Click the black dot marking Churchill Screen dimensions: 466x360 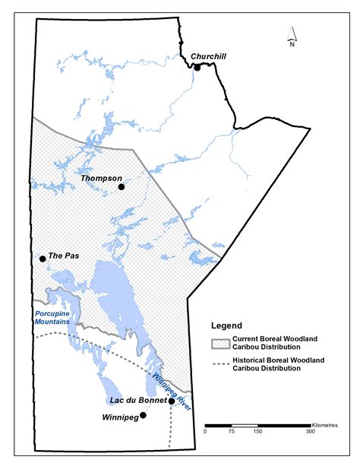click(197, 68)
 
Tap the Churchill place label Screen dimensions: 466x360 click(209, 56)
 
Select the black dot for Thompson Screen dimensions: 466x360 click(121, 185)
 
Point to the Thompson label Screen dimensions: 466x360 click(102, 178)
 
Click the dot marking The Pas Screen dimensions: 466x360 click(43, 259)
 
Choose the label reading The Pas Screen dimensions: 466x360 click(63, 256)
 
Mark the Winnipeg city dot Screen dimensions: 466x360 click(143, 416)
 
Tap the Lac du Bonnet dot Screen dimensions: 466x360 click(171, 401)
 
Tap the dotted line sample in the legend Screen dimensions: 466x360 click(223, 364)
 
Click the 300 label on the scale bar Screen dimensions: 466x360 click(310, 432)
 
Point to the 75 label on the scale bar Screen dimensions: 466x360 click(232, 432)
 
